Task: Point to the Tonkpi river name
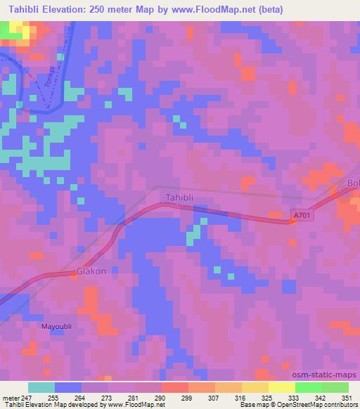(49, 83)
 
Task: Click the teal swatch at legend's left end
(41, 387)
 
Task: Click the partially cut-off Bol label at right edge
(353, 185)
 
